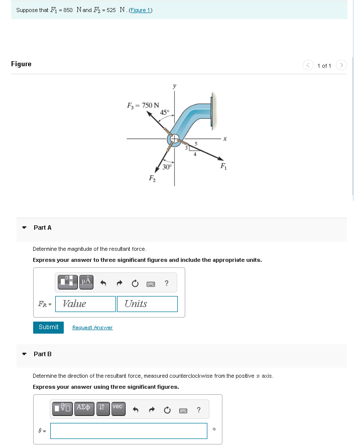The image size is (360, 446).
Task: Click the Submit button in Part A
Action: (49, 327)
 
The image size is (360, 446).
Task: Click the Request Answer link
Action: (92, 328)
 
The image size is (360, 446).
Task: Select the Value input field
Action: (86, 304)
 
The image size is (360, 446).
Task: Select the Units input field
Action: (147, 304)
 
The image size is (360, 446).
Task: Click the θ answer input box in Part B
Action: (129, 430)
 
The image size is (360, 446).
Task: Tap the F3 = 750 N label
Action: (143, 105)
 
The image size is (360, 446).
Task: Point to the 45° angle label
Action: (165, 111)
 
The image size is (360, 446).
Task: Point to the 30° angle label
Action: (168, 167)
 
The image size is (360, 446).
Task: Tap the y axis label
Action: (175, 86)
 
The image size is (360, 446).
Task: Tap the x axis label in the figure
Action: (225, 138)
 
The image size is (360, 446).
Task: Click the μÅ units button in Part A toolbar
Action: (86, 282)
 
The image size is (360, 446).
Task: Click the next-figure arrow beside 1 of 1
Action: (341, 65)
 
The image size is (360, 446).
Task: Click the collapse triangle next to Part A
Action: (24, 228)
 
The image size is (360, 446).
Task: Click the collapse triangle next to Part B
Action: (24, 354)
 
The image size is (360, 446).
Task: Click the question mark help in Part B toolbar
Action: (198, 410)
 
